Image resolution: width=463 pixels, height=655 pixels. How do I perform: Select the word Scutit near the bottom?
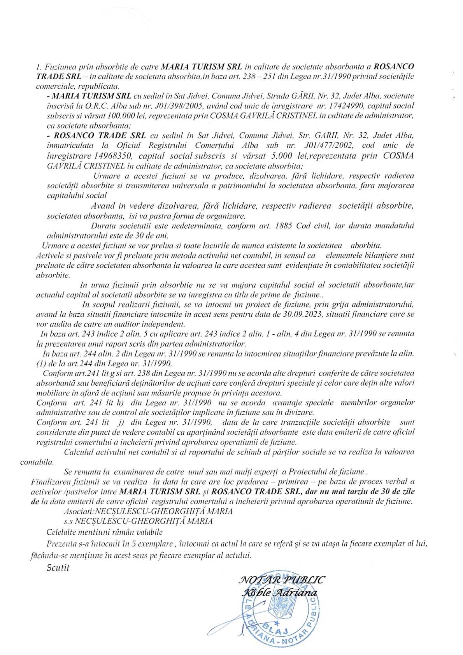pyautogui.click(x=58, y=568)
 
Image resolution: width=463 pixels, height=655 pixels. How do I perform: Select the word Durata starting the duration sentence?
pyautogui.click(x=102, y=225)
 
